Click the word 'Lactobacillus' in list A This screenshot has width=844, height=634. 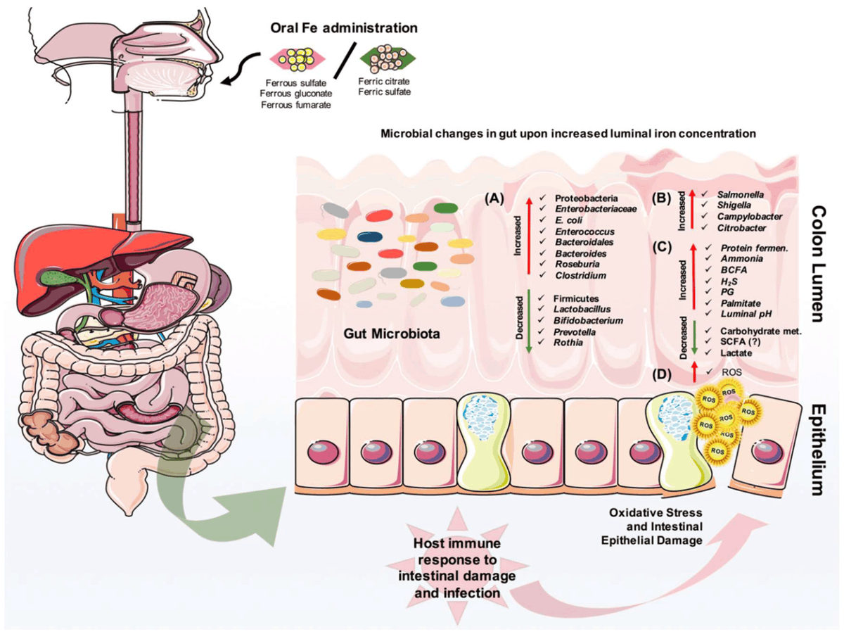(x=583, y=308)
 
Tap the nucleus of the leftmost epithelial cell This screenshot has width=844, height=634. (x=320, y=450)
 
